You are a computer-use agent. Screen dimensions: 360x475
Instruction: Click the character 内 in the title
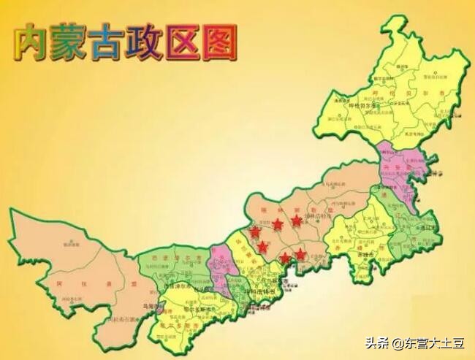pyautogui.click(x=34, y=42)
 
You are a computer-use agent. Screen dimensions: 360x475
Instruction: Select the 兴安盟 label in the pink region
pyautogui.click(x=388, y=168)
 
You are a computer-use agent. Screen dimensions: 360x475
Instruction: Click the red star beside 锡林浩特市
pyautogui.click(x=296, y=219)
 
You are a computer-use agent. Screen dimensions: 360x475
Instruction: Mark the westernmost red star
pyautogui.click(x=254, y=232)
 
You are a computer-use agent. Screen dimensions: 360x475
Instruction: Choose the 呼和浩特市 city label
pyautogui.click(x=261, y=291)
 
